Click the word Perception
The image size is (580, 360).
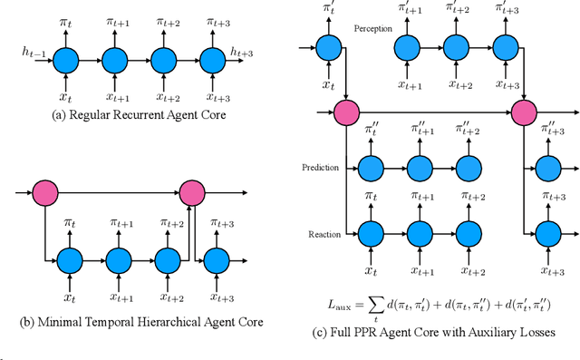pos(373,29)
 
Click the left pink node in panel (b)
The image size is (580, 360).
pos(44,192)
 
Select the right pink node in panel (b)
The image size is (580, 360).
pos(191,192)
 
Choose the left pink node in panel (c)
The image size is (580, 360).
pos(347,113)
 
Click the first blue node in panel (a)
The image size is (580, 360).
pos(65,61)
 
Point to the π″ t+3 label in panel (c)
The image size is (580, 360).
pos(546,129)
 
